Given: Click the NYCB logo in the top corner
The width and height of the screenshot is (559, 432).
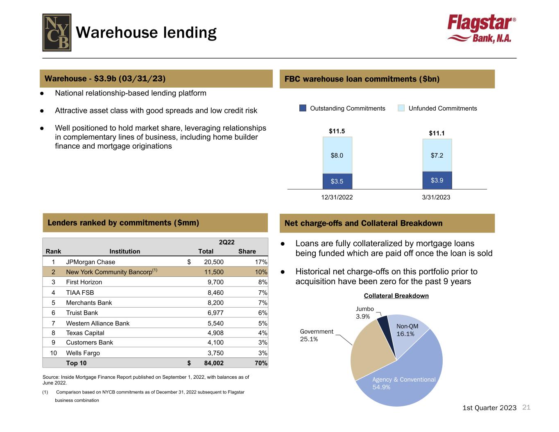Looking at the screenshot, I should click(57, 32).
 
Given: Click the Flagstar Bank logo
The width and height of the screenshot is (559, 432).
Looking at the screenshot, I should click(481, 29).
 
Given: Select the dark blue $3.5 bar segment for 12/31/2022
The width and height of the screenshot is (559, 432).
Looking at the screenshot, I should click(337, 181).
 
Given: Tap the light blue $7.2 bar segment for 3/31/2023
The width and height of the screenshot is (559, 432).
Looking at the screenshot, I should click(437, 155).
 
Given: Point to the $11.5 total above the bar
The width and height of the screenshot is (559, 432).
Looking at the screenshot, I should click(337, 131).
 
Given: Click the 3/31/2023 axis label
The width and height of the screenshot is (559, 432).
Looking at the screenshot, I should click(436, 197).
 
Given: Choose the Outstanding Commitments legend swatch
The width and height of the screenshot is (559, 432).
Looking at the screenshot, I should click(303, 108).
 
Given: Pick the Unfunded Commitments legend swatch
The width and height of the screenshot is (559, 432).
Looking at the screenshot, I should click(401, 108).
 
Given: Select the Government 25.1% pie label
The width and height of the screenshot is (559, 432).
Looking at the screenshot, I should click(317, 335).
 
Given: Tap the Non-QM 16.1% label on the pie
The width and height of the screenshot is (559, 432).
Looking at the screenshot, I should click(407, 330).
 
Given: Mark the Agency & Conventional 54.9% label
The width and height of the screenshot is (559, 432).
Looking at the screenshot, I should click(403, 383).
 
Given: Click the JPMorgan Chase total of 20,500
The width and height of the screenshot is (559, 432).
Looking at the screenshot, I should click(214, 262).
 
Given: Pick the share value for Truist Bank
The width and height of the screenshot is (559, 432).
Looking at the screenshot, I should click(263, 313).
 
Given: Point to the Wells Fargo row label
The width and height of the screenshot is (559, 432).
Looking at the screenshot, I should click(83, 353).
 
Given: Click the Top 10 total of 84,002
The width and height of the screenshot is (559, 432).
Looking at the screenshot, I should click(214, 363).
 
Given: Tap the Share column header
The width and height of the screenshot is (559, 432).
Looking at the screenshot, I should click(247, 251).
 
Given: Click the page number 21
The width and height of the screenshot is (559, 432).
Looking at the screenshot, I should click(527, 407).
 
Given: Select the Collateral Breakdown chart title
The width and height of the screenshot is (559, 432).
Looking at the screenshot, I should click(396, 296).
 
